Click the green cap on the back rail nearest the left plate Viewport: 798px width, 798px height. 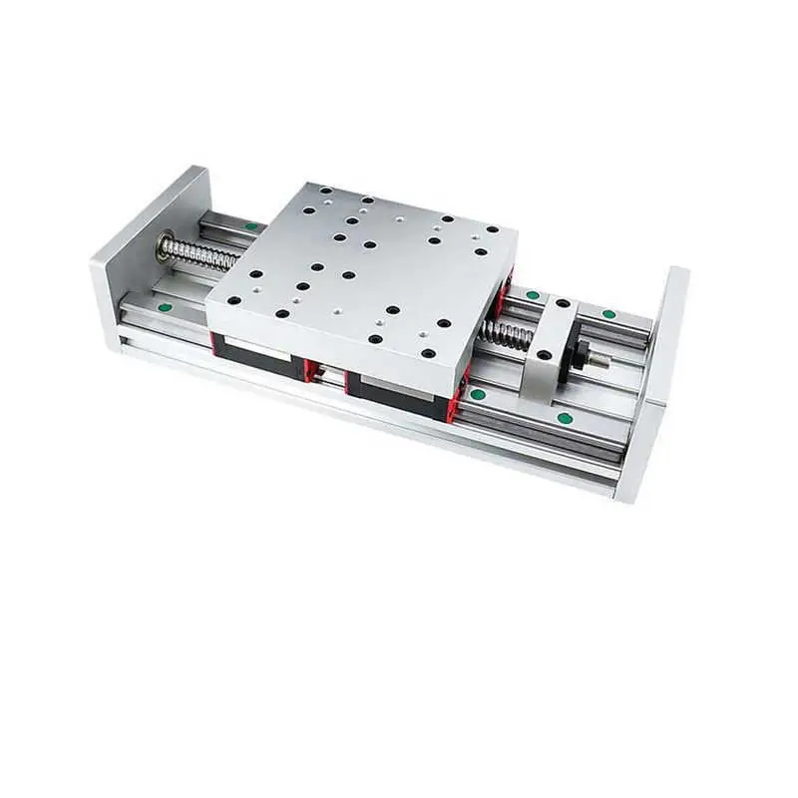pyautogui.click(x=250, y=226)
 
